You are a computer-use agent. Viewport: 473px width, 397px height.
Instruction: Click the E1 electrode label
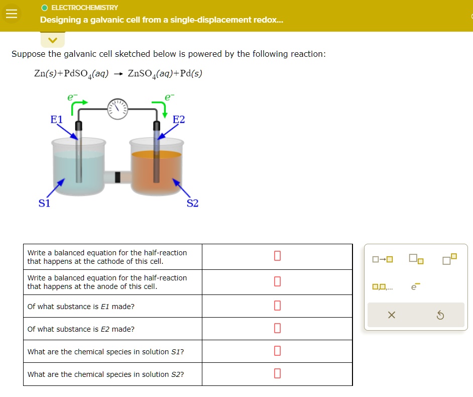[56, 120]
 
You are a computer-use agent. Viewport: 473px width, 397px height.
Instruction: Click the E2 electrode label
[179, 120]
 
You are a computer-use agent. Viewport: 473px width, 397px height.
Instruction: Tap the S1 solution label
[45, 203]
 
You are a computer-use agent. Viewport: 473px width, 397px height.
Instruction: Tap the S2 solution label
[192, 203]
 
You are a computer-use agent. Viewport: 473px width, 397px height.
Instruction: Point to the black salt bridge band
[118, 177]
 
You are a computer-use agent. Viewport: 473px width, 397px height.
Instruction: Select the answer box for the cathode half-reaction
[277, 256]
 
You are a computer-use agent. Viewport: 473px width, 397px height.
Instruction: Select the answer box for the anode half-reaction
[277, 281]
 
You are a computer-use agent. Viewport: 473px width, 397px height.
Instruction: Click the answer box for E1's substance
[277, 306]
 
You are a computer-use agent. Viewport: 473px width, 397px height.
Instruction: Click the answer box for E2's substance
[277, 329]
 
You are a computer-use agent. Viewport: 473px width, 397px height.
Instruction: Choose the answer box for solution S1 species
[277, 351]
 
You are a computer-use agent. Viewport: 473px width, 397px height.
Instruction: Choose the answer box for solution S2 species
[277, 374]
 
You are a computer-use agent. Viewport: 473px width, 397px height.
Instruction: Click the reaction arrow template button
[383, 260]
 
